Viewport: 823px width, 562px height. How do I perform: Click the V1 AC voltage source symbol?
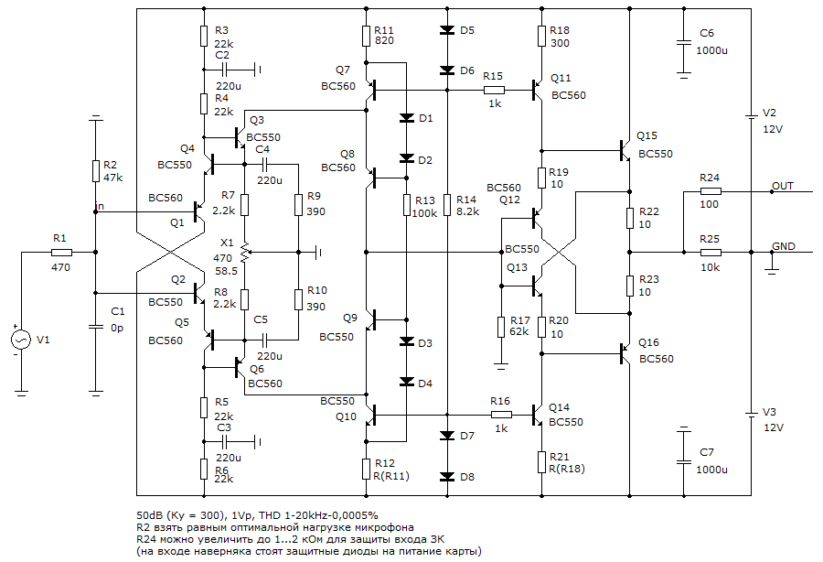pyautogui.click(x=21, y=340)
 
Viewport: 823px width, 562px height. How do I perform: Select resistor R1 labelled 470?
pyautogui.click(x=61, y=252)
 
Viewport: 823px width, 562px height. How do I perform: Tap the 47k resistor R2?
pyautogui.click(x=95, y=171)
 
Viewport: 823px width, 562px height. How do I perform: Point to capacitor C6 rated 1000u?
pyautogui.click(x=683, y=42)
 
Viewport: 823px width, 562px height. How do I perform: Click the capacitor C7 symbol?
pyautogui.click(x=683, y=455)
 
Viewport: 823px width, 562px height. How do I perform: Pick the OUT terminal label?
pyautogui.click(x=782, y=186)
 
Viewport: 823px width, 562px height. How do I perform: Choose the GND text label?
pyautogui.click(x=784, y=246)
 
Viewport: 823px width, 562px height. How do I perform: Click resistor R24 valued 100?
pyautogui.click(x=710, y=191)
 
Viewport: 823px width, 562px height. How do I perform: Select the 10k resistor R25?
pyautogui.click(x=710, y=252)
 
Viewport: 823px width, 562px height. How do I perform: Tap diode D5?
pyautogui.click(x=447, y=30)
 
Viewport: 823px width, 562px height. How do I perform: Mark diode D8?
pyautogui.click(x=447, y=476)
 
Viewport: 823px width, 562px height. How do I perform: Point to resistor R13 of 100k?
pyautogui.click(x=408, y=204)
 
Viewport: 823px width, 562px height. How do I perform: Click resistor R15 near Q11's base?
pyautogui.click(x=494, y=90)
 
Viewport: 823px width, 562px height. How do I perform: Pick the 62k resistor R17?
pyautogui.click(x=501, y=326)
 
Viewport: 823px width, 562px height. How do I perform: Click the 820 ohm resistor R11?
pyautogui.click(x=367, y=35)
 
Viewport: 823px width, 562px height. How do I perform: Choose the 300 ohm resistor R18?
pyautogui.click(x=542, y=35)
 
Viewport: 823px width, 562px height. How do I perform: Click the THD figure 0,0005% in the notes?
pyautogui.click(x=346, y=515)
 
